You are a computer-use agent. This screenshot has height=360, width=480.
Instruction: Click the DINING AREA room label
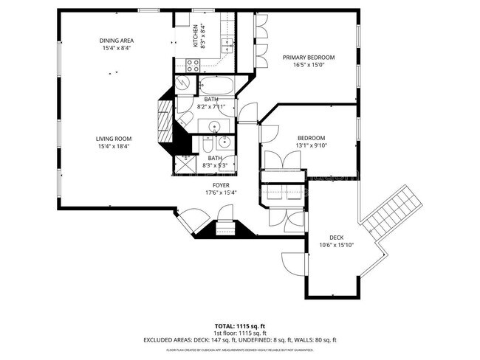(117, 41)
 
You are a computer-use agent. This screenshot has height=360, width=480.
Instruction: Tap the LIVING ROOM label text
(113, 139)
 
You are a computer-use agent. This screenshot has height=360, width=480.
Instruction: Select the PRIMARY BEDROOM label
(309, 58)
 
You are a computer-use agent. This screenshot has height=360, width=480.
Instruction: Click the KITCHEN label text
(196, 35)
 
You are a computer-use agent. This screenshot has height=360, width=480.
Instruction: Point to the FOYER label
(221, 185)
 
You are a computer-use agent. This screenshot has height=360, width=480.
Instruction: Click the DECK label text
(336, 237)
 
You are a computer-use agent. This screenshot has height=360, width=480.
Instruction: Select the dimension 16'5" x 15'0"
(309, 64)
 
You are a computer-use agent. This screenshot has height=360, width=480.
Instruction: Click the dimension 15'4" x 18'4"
(113, 146)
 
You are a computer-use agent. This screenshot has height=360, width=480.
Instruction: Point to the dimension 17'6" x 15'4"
(221, 193)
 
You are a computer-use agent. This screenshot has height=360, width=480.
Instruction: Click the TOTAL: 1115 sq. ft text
(240, 325)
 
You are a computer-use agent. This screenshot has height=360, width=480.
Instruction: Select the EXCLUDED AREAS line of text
(240, 339)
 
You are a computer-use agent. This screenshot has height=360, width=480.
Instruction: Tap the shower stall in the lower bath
(187, 163)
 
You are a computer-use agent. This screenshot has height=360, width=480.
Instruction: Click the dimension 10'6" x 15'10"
(336, 244)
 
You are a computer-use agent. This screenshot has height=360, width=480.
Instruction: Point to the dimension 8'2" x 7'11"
(212, 106)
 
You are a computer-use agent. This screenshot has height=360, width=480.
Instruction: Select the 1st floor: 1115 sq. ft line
(240, 333)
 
